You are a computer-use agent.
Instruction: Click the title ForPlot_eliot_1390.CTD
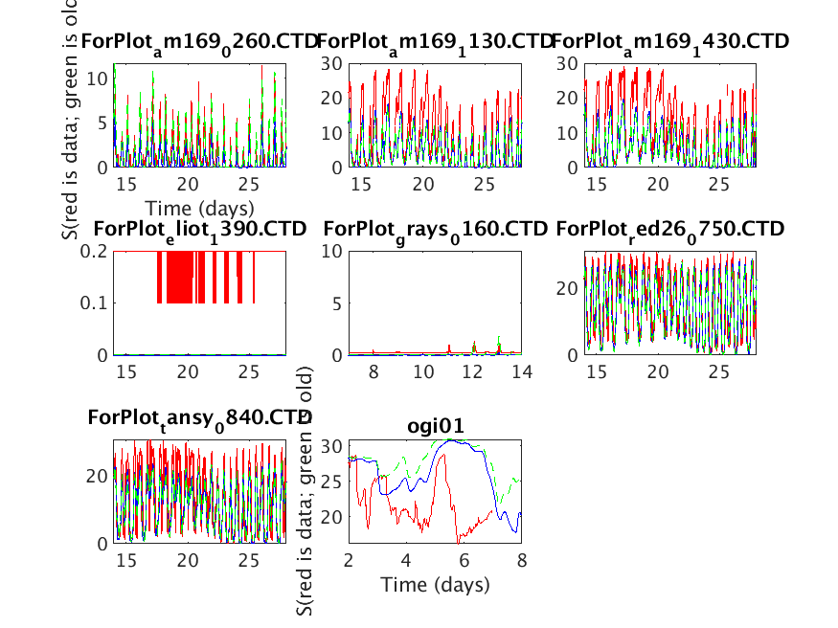click(x=199, y=229)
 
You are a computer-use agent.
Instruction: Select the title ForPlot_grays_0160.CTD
click(x=436, y=229)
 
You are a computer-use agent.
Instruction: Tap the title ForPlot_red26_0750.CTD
click(x=670, y=229)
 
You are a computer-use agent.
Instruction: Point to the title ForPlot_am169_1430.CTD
click(x=670, y=41)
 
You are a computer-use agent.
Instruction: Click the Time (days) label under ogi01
click(x=435, y=584)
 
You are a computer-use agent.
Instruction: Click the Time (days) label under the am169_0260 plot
click(x=199, y=208)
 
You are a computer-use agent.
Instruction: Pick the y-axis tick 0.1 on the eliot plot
click(x=98, y=303)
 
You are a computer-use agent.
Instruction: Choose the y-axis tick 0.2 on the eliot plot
click(x=98, y=251)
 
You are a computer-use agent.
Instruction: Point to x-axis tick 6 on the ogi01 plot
click(x=464, y=559)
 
